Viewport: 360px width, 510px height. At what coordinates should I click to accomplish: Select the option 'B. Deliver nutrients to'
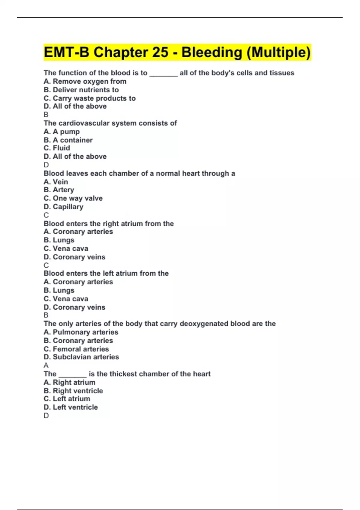81,90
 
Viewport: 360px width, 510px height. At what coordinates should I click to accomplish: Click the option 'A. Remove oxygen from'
85,81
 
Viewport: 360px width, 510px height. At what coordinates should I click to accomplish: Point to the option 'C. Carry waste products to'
89,98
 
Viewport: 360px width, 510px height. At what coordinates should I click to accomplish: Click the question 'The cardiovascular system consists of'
110,123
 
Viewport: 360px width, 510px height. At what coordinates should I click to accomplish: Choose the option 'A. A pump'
61,131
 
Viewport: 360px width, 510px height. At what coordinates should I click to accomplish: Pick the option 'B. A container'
68,140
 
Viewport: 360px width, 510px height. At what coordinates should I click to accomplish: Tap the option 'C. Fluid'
57,148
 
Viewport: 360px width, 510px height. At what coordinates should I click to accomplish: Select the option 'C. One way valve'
73,198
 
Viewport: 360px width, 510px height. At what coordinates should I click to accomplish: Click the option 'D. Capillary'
63,207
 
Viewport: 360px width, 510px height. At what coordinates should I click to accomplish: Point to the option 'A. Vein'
56,181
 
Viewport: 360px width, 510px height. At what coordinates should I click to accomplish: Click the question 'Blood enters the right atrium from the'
109,223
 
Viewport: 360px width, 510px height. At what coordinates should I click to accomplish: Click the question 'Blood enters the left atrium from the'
106,273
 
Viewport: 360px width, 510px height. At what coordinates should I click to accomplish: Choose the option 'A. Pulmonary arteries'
81,332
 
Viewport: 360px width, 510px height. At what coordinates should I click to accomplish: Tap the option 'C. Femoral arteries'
76,349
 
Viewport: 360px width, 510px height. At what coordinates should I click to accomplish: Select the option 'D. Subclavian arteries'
81,357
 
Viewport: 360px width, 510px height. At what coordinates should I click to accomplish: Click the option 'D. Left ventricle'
70,407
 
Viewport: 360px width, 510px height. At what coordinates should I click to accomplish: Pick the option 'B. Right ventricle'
73,391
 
